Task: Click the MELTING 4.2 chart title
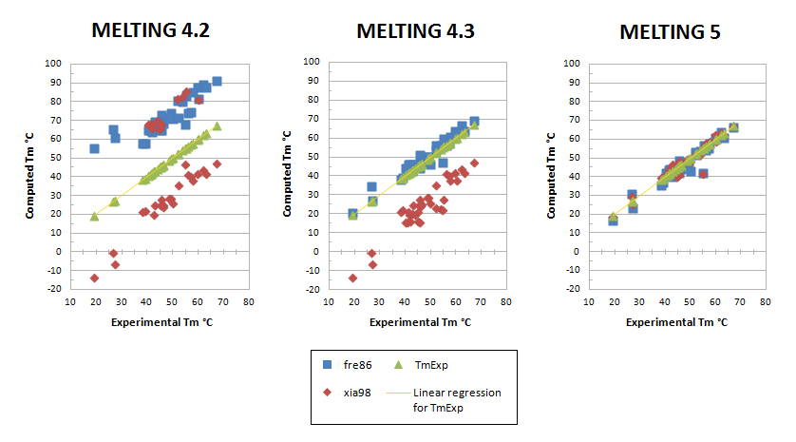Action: click(150, 29)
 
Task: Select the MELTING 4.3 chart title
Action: click(415, 30)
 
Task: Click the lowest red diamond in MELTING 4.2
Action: click(94, 278)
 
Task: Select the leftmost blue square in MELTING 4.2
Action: click(94, 148)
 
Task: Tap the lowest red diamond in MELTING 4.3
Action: click(353, 278)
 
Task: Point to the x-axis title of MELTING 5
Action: click(675, 322)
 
